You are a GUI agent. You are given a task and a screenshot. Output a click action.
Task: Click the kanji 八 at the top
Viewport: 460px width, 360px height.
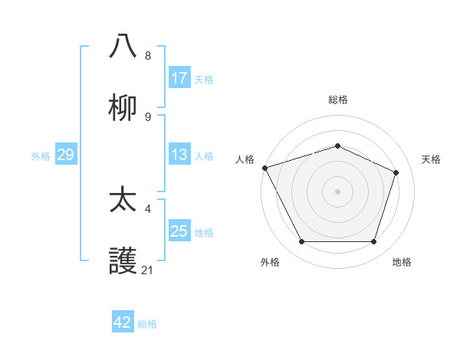click(123, 47)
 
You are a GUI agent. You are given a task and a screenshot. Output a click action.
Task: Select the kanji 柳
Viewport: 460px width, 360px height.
click(123, 108)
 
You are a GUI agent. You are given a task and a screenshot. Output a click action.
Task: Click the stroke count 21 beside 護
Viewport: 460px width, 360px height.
click(147, 270)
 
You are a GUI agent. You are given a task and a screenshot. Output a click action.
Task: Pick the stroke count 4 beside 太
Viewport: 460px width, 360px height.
click(147, 208)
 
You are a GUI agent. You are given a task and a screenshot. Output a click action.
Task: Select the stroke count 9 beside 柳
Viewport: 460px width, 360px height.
click(147, 116)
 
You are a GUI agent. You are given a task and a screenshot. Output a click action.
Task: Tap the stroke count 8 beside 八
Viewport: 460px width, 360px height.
click(147, 56)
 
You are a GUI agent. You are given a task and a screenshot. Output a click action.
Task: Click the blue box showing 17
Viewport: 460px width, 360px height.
click(179, 78)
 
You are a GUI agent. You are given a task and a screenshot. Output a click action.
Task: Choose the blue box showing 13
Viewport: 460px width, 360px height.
click(179, 155)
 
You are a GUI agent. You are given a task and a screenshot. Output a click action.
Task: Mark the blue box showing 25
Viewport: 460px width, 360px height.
click(179, 231)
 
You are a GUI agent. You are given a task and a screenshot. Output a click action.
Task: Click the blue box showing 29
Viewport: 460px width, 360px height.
click(65, 155)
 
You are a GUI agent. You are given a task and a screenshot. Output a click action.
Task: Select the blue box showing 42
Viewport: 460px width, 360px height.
click(123, 322)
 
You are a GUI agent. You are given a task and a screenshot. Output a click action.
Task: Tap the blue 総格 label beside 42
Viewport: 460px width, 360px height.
click(147, 324)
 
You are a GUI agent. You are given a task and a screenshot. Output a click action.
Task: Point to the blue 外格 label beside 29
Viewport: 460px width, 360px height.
click(41, 155)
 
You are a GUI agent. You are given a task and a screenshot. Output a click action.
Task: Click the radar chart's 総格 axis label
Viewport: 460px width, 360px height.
click(338, 100)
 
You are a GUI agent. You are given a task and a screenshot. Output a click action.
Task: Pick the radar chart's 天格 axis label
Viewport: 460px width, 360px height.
click(431, 159)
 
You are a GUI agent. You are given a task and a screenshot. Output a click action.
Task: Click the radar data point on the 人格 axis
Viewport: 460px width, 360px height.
click(264, 168)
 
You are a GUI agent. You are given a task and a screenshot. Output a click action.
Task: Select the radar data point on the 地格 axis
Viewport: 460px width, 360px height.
click(374, 242)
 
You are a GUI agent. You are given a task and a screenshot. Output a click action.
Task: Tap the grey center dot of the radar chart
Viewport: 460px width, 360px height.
click(337, 191)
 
